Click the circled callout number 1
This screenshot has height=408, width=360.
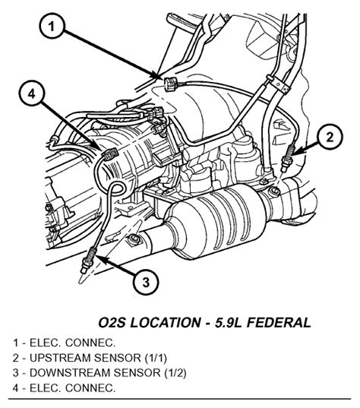point(52,26)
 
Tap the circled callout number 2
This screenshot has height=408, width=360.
point(330,137)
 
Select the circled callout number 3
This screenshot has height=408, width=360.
point(146,282)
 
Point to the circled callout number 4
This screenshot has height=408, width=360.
point(32,93)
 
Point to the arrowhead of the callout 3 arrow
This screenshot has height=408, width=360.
point(100,258)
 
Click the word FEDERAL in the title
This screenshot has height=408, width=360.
point(279,323)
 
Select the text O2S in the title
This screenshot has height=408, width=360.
point(112,323)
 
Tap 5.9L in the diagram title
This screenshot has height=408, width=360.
point(227,323)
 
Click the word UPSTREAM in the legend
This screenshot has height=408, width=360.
point(60,358)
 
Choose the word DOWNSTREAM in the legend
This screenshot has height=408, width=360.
point(69,373)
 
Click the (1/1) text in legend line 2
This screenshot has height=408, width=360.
point(155,358)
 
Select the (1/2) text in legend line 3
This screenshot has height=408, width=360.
point(175,373)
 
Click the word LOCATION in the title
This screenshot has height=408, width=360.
point(165,323)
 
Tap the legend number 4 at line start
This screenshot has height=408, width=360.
point(16,388)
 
